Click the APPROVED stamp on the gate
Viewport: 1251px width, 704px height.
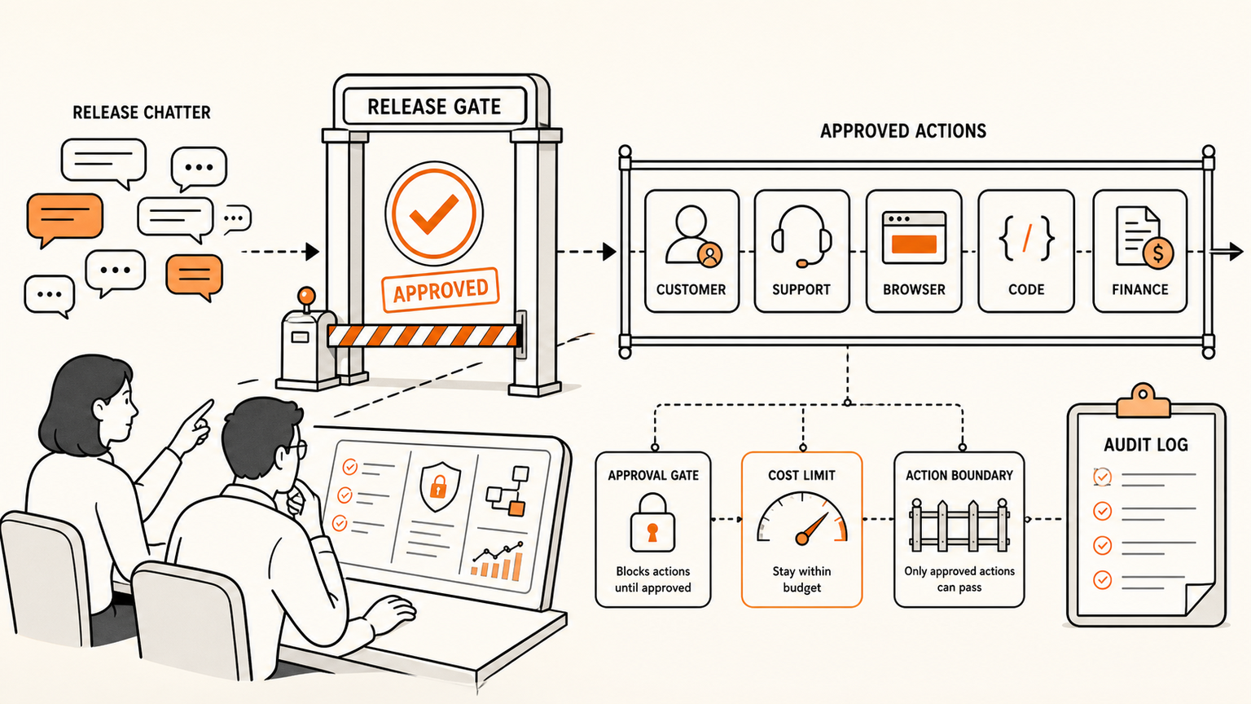point(440,290)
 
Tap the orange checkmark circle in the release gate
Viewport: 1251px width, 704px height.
point(434,213)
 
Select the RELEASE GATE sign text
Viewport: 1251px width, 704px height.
point(434,107)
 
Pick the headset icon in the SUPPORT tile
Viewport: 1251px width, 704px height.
point(801,235)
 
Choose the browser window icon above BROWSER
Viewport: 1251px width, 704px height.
point(914,237)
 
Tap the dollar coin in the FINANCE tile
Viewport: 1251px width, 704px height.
point(1157,253)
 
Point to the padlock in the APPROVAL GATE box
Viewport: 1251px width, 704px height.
point(652,522)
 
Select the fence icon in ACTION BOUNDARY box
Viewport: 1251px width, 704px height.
point(959,526)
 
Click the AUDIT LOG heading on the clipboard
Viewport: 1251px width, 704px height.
point(1146,445)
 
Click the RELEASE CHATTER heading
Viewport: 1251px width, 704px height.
point(141,112)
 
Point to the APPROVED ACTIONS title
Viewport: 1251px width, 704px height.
point(903,131)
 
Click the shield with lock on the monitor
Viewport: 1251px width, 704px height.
point(440,486)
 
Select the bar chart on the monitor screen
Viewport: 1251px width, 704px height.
point(498,562)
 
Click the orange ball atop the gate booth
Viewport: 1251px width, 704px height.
point(306,294)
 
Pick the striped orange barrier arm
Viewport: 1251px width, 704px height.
point(423,335)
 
